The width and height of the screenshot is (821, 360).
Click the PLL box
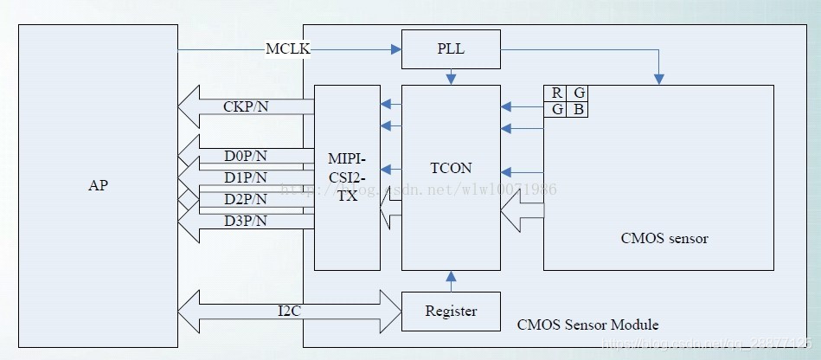(x=451, y=48)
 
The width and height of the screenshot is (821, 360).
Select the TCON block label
(x=451, y=169)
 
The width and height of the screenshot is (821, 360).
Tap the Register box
(x=451, y=311)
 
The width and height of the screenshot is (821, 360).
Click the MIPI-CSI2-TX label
(x=347, y=177)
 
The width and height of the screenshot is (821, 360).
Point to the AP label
(x=98, y=185)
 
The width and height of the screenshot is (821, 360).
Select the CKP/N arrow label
(x=245, y=107)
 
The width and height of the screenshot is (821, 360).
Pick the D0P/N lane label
(x=246, y=157)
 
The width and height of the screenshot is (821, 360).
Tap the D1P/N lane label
(x=246, y=177)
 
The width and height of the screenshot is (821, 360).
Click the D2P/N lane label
(x=246, y=199)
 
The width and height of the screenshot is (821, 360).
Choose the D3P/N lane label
(x=246, y=221)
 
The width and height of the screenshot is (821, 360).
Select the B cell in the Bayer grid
(x=577, y=109)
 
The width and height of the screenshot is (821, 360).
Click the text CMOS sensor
(x=664, y=238)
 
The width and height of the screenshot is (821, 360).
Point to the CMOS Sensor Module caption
(x=587, y=325)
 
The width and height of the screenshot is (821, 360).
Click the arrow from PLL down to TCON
(x=451, y=78)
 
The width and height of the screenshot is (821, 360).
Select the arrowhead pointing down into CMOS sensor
(x=659, y=79)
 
